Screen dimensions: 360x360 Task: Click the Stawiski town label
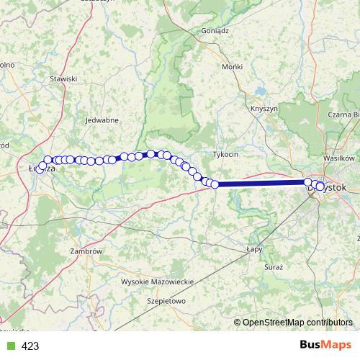(x=63, y=78)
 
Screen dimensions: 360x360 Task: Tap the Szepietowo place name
(x=166, y=300)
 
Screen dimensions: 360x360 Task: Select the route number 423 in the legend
(x=30, y=346)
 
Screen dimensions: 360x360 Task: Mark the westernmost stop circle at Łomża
(x=40, y=169)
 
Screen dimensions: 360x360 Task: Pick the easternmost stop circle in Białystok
(x=320, y=186)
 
